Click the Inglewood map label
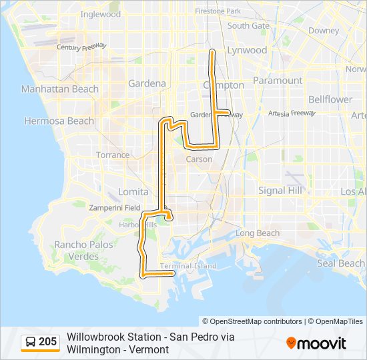(x=100, y=14)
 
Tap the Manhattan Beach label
(x=60, y=89)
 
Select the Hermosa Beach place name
(x=59, y=121)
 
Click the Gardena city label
(x=147, y=83)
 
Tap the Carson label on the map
(x=199, y=159)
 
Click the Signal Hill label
(x=280, y=190)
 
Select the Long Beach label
(x=258, y=233)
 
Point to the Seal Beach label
(x=340, y=263)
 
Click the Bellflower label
(x=330, y=99)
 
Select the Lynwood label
(x=247, y=50)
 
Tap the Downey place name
(x=324, y=31)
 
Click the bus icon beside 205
(x=31, y=342)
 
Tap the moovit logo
(x=316, y=343)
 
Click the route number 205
(x=48, y=342)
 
